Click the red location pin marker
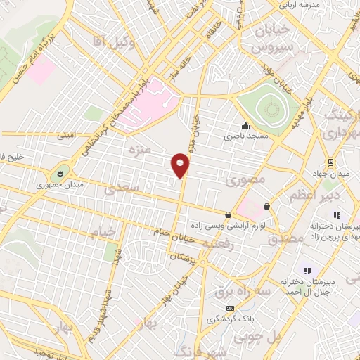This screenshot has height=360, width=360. (x=181, y=165)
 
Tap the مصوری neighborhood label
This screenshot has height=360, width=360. (x=245, y=181)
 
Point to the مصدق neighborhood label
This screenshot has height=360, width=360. (x=287, y=238)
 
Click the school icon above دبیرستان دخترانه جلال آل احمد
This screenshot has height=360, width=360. (x=307, y=271)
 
